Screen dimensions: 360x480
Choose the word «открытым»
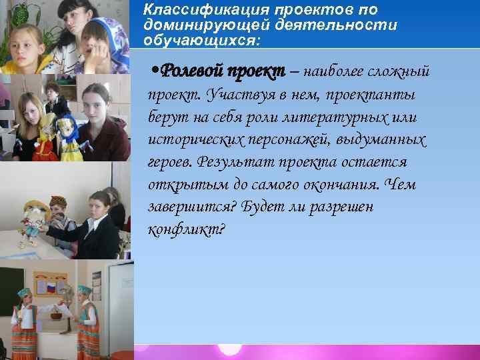pyautogui.click(x=179, y=185)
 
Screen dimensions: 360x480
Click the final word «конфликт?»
pyautogui.click(x=187, y=230)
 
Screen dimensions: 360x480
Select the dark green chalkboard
pyautogui.click(x=9, y=293)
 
